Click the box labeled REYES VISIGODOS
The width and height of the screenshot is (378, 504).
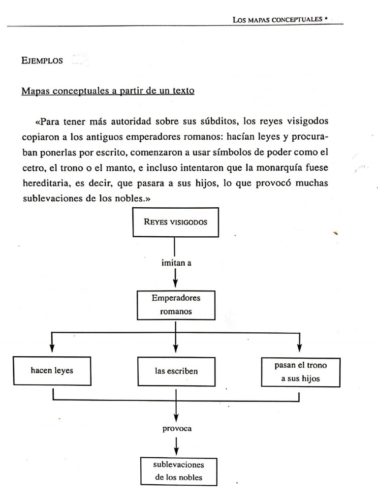pyautogui.click(x=175, y=222)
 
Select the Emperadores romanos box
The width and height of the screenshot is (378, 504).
pyautogui.click(x=176, y=305)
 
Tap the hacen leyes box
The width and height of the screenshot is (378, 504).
pyautogui.click(x=52, y=370)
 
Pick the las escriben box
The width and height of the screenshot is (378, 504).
pyautogui.click(x=176, y=371)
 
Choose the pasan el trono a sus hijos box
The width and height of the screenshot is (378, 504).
pyautogui.click(x=300, y=372)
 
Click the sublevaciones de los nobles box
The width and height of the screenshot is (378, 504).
pyautogui.click(x=178, y=471)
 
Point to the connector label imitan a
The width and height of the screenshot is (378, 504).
pyautogui.click(x=176, y=263)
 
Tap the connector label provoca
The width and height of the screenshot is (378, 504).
pyautogui.click(x=177, y=428)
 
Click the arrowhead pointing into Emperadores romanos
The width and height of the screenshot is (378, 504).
pyautogui.click(x=176, y=285)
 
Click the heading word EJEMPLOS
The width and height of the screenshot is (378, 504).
pyautogui.click(x=42, y=61)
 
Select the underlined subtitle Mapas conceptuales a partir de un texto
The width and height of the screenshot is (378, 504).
pyautogui.click(x=108, y=92)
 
